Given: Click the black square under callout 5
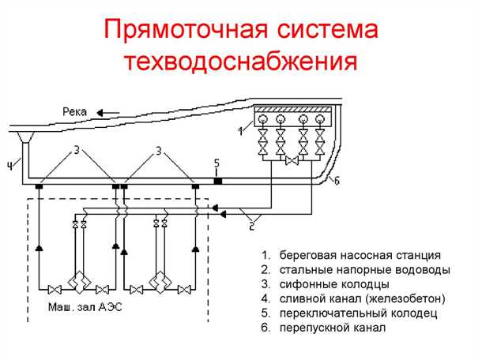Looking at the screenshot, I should (x=218, y=182).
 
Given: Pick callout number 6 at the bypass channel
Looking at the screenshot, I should (x=337, y=181).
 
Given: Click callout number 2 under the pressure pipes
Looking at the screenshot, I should (x=252, y=226).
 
